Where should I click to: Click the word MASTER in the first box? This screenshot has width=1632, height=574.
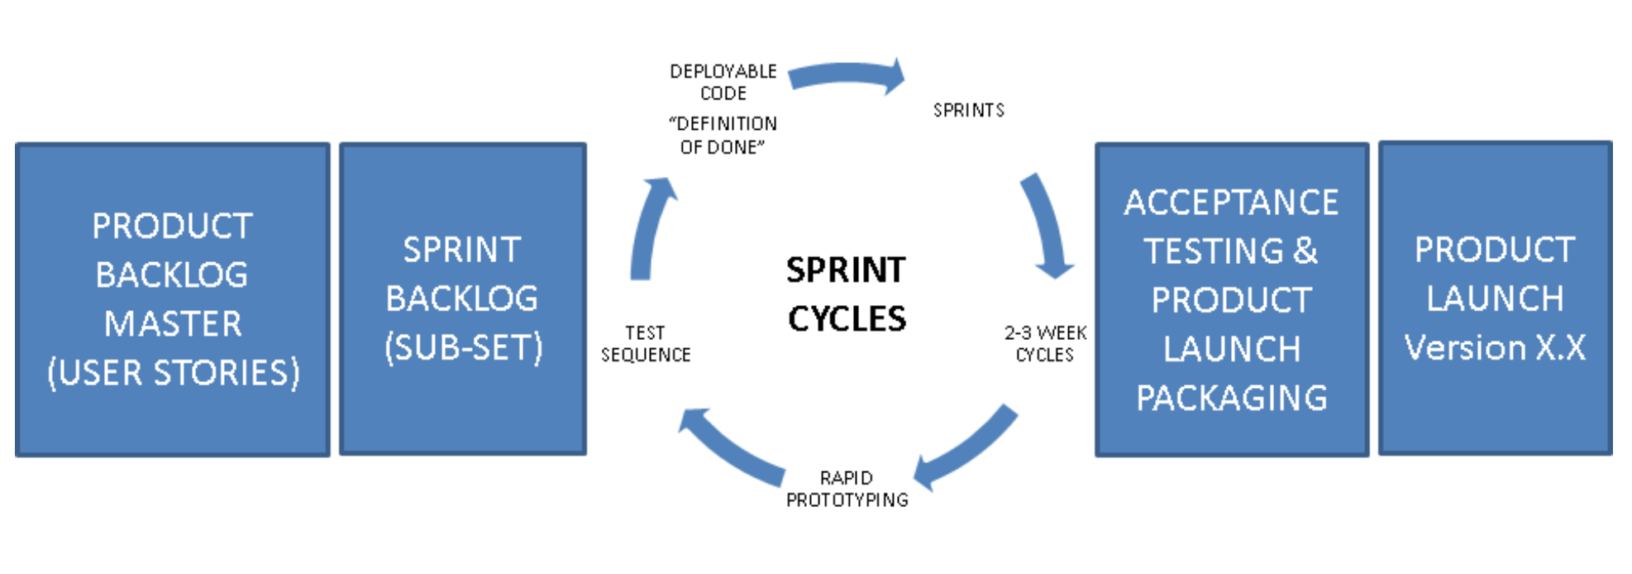[x=173, y=323]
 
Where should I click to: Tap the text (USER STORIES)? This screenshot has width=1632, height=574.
[x=173, y=372]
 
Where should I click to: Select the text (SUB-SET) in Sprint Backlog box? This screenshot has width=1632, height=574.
[x=463, y=347]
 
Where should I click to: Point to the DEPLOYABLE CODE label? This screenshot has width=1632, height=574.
[x=723, y=82]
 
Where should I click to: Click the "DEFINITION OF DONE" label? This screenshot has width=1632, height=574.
[x=723, y=135]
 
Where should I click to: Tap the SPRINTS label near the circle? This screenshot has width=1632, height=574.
[x=968, y=110]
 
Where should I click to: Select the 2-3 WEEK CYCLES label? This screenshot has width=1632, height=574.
[x=1045, y=343]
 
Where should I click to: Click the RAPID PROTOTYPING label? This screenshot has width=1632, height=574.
[x=847, y=489]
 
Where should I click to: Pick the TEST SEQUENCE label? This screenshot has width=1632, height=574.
[x=645, y=343]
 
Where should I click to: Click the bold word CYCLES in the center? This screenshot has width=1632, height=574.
[x=847, y=318]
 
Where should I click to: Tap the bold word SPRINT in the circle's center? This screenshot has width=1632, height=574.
[x=846, y=270]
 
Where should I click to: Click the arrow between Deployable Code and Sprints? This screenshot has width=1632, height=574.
[x=847, y=75]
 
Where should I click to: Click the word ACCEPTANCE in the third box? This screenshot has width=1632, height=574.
[x=1230, y=203]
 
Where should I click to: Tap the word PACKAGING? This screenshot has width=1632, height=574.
[x=1231, y=398]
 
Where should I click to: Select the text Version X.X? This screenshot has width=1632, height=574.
[x=1495, y=347]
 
